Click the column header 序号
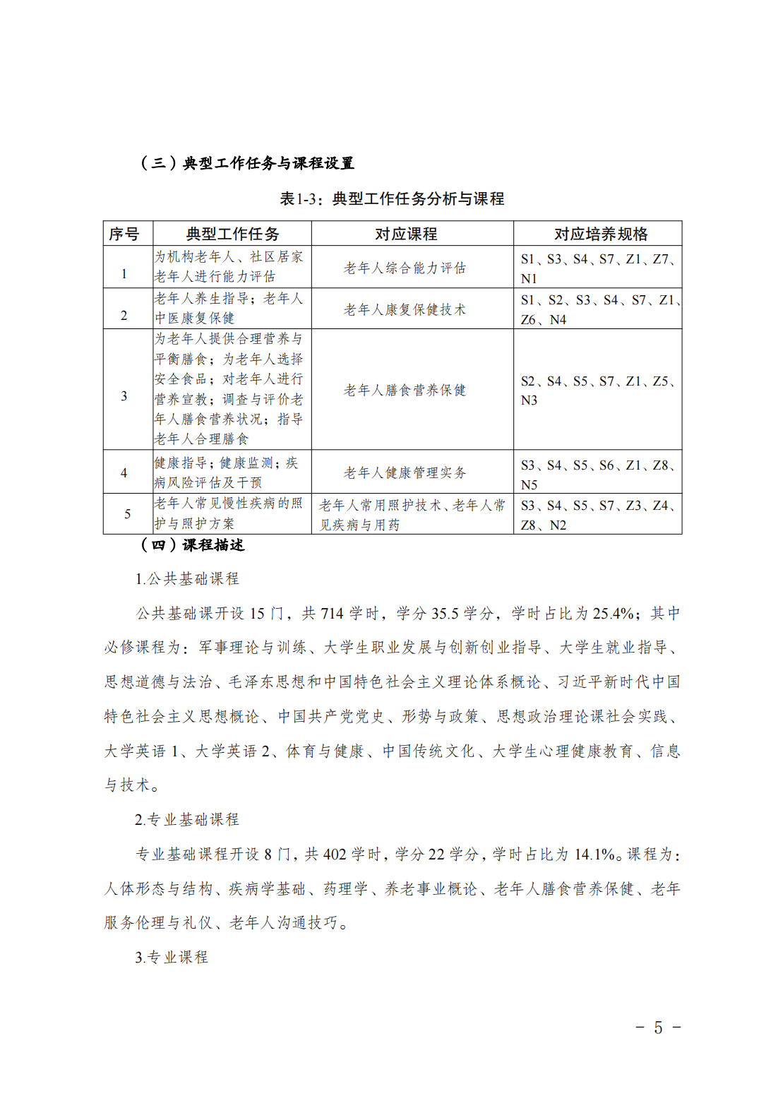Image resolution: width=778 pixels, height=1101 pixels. tap(124, 234)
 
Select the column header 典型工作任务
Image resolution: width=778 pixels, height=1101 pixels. tap(232, 234)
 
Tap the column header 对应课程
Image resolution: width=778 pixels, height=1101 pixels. tap(406, 234)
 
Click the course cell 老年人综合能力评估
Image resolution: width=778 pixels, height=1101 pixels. tap(405, 268)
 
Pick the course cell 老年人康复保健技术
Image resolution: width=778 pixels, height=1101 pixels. tap(405, 309)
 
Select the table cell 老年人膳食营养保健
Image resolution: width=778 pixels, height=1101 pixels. tap(405, 390)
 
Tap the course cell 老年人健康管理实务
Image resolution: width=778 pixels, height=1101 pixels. tap(405, 472)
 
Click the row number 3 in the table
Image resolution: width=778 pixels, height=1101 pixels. tap(124, 396)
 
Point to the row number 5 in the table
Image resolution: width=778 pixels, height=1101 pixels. tap(127, 514)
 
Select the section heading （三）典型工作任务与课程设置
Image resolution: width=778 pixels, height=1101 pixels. tap(247, 163)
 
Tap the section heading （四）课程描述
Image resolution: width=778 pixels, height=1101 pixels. tap(192, 545)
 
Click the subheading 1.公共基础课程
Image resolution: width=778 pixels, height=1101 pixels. tap(187, 579)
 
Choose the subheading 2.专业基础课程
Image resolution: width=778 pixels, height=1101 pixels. tap(187, 820)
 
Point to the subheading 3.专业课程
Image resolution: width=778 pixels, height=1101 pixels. tap(172, 958)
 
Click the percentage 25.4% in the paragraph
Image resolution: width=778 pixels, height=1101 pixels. tap(613, 614)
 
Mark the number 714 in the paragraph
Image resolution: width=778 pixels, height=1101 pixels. tap(332, 614)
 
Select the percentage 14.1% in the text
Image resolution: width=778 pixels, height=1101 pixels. tap(594, 855)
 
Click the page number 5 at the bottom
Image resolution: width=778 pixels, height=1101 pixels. tap(658, 1028)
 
